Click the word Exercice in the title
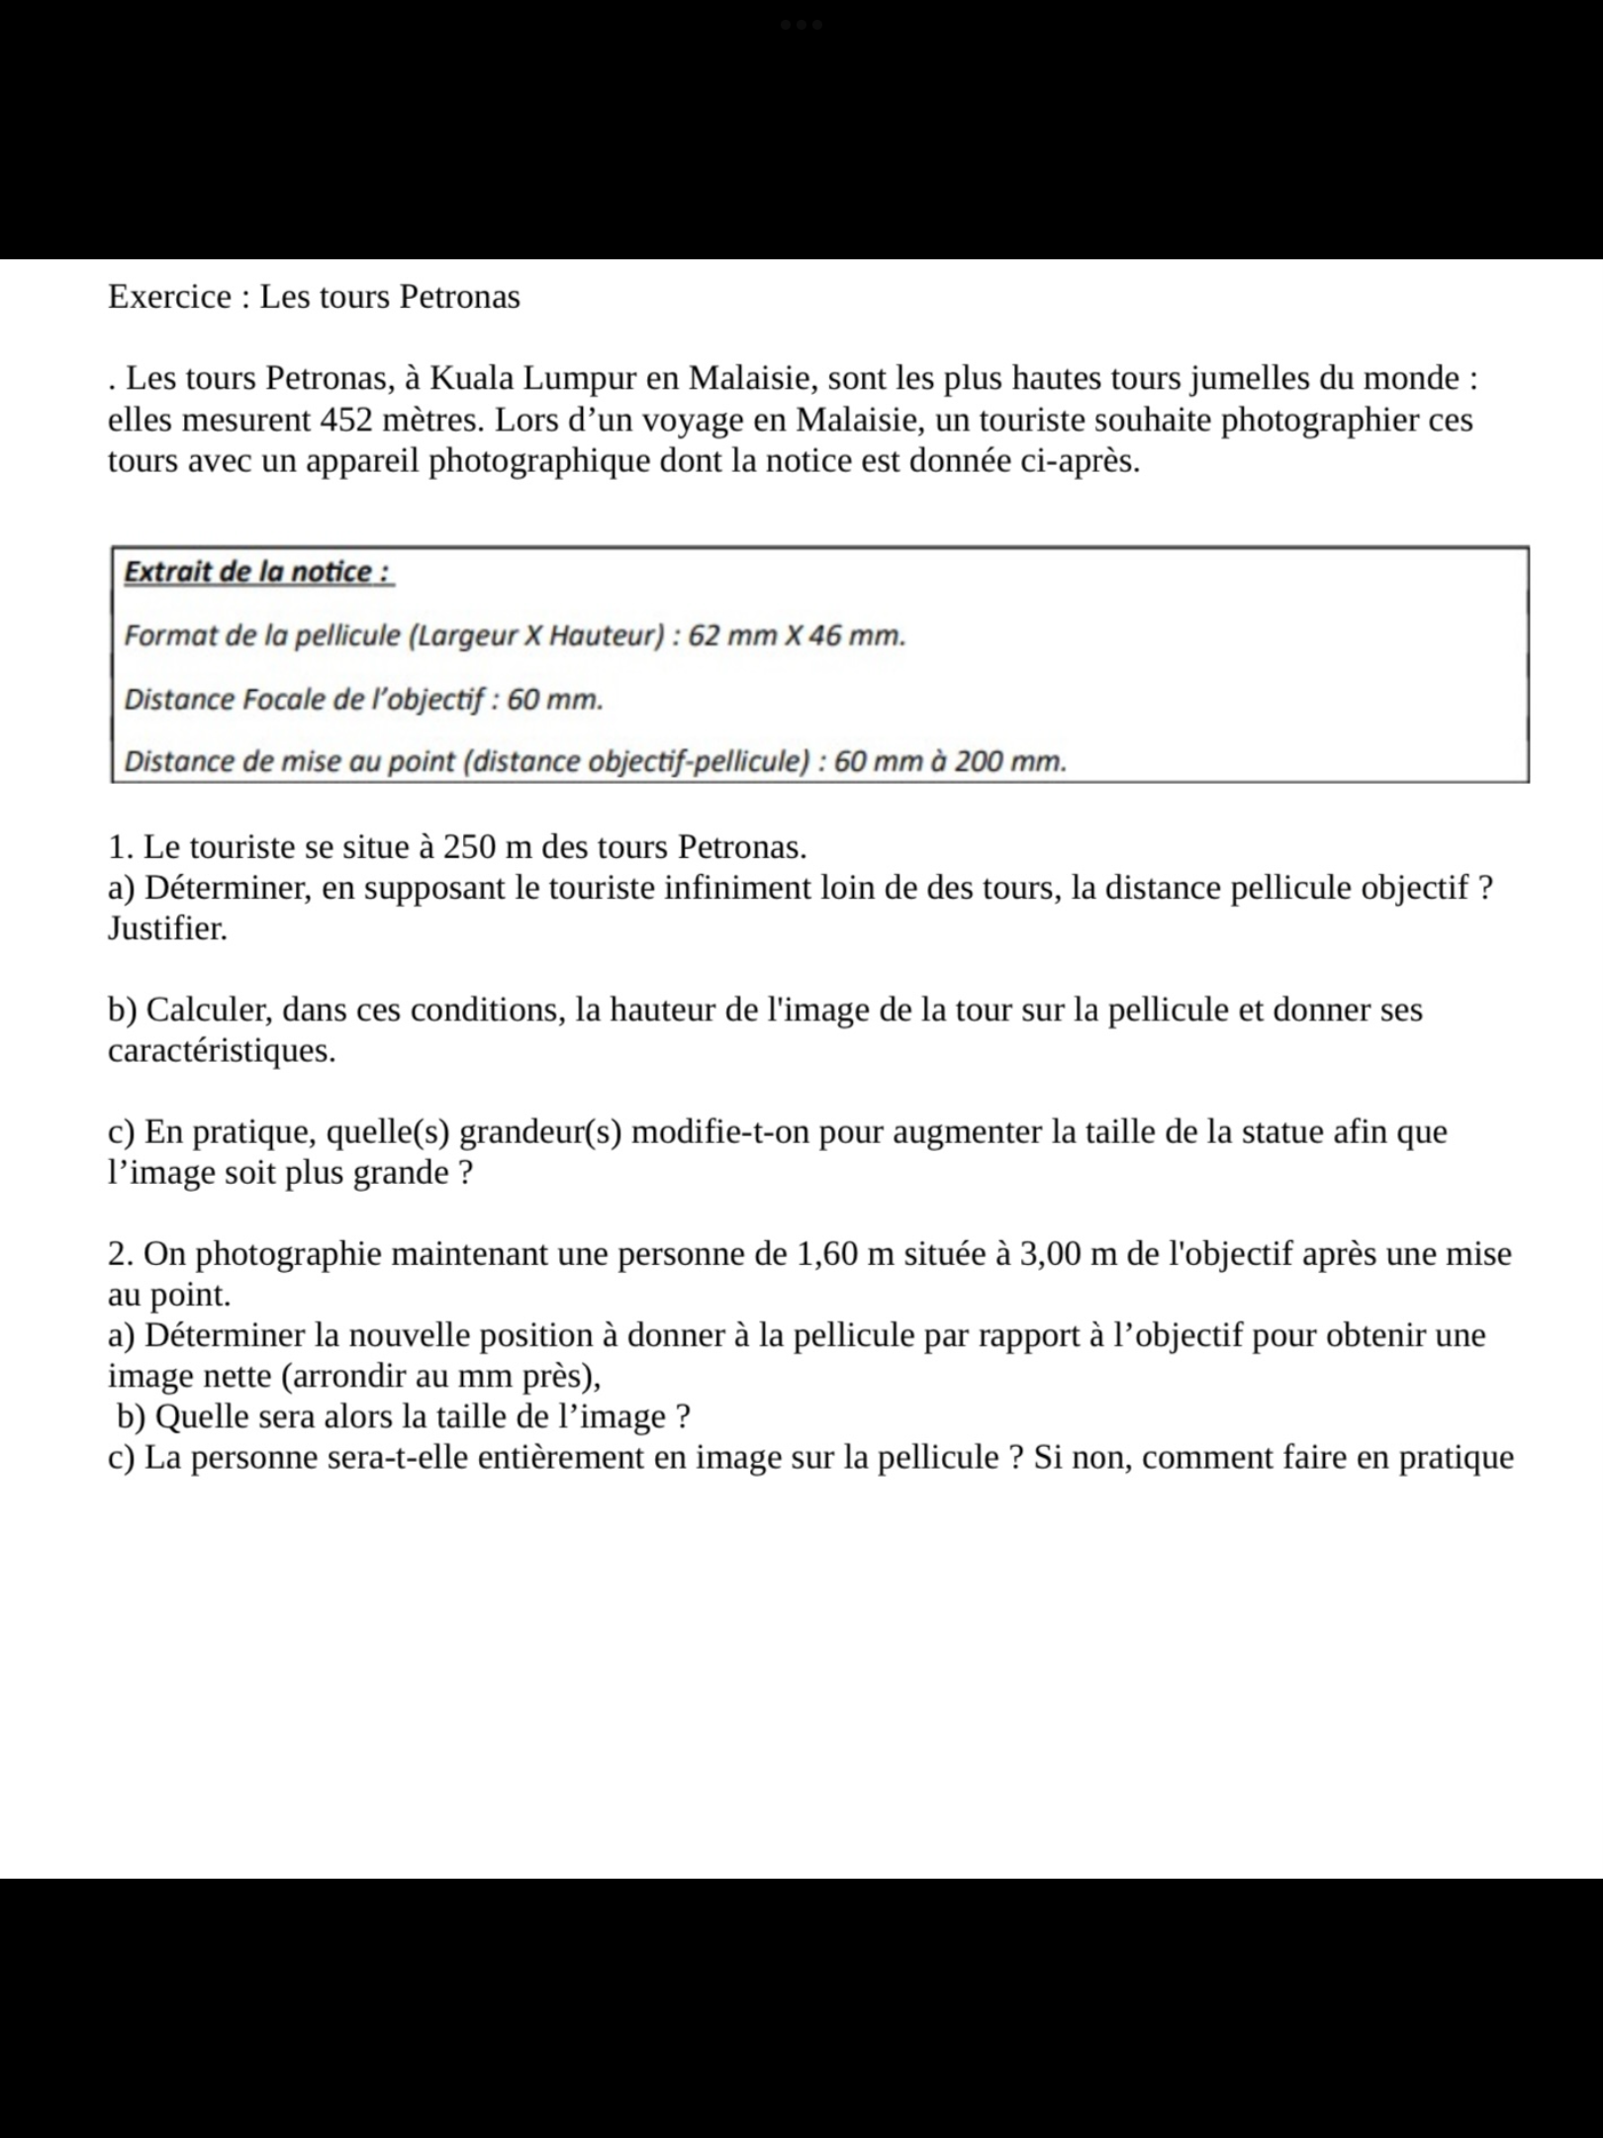point(169,297)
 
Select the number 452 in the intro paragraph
point(346,420)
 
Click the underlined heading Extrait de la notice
point(258,572)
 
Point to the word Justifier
point(167,928)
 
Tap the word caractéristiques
point(222,1050)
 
